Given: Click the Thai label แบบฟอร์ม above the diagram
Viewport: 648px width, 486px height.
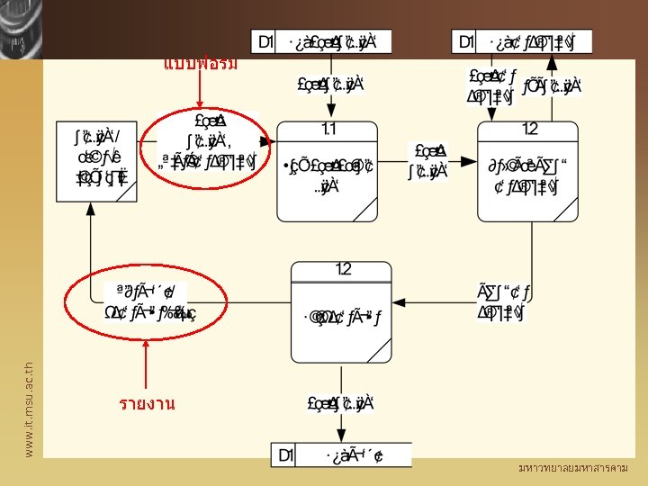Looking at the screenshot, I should [x=201, y=64].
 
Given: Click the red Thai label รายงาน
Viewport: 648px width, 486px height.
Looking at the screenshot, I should [x=146, y=404].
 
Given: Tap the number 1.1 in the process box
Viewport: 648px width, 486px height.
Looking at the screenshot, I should [x=328, y=130].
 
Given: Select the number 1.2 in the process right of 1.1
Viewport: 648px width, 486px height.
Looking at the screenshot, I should [x=529, y=130].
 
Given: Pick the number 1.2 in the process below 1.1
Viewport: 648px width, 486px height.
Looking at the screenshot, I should [x=343, y=269].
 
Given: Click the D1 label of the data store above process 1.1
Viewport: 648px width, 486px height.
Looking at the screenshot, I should [x=265, y=41].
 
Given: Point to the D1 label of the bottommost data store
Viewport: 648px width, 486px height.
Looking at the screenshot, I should [x=285, y=455].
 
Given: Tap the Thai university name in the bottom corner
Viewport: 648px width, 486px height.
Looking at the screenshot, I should [x=573, y=469].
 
